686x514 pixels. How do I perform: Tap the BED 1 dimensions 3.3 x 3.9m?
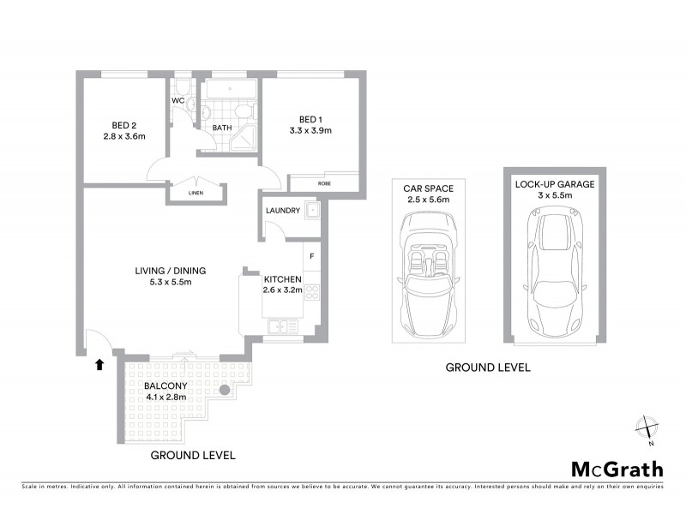coord(310,130)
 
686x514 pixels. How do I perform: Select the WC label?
coord(178,100)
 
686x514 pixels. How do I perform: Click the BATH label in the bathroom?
coord(222,128)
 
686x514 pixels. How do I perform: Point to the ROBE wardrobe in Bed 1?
coord(324,183)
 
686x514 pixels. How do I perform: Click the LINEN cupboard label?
coord(196,194)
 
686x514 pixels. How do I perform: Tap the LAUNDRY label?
coord(282,210)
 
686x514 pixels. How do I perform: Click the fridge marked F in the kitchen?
coord(312,256)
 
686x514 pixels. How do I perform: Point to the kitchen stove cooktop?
coord(312,292)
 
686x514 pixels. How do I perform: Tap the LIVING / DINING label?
coord(170,272)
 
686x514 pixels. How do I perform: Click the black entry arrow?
coord(99,364)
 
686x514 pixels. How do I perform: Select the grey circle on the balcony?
coord(225,390)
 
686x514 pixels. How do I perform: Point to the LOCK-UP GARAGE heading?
coord(555,183)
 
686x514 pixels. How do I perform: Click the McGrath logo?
coord(617,469)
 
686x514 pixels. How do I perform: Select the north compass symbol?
coord(647,428)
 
